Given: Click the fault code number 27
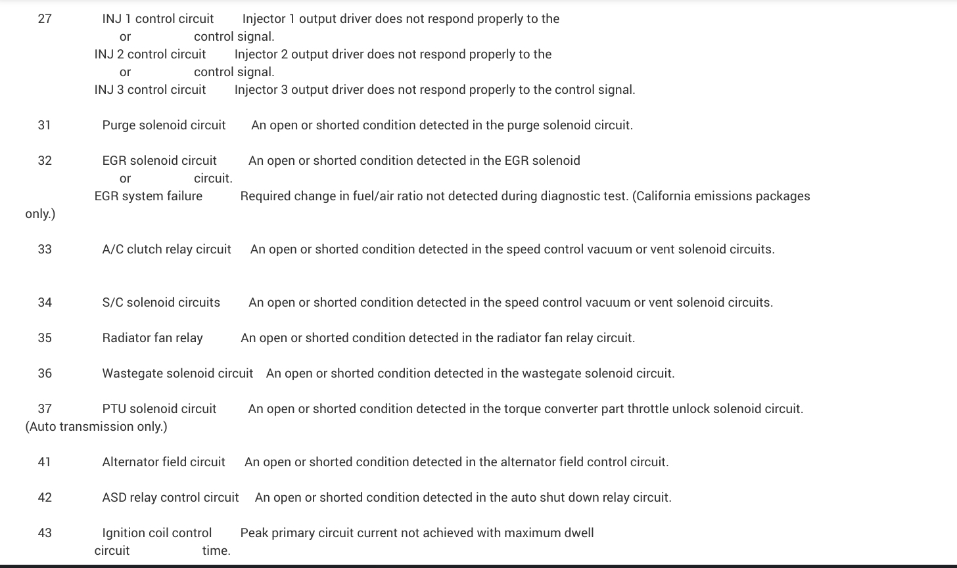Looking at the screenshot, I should tap(45, 19).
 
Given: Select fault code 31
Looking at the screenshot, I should tap(44, 125).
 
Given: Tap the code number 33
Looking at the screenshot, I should tap(45, 250).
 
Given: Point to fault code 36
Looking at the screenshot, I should tap(45, 374).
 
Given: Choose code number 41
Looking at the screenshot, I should tap(44, 462).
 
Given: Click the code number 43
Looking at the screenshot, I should tap(45, 533).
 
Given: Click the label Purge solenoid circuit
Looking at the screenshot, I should tap(164, 125).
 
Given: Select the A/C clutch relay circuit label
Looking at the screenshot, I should tap(166, 250).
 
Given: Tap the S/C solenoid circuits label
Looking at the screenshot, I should tap(161, 303).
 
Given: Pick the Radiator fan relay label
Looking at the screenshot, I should tap(152, 338).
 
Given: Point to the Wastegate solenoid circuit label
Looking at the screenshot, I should tap(177, 374).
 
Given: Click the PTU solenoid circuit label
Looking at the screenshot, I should tap(159, 409).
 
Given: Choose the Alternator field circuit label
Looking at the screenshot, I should tap(164, 462).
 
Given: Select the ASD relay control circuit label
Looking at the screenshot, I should tap(170, 498).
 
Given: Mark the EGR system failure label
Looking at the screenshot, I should tap(149, 196).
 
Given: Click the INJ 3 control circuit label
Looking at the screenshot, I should tap(150, 90).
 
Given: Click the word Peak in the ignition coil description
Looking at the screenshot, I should tap(254, 533).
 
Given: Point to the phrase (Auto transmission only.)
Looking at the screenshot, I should tap(96, 427).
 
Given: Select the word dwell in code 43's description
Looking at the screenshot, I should tap(578, 533).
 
